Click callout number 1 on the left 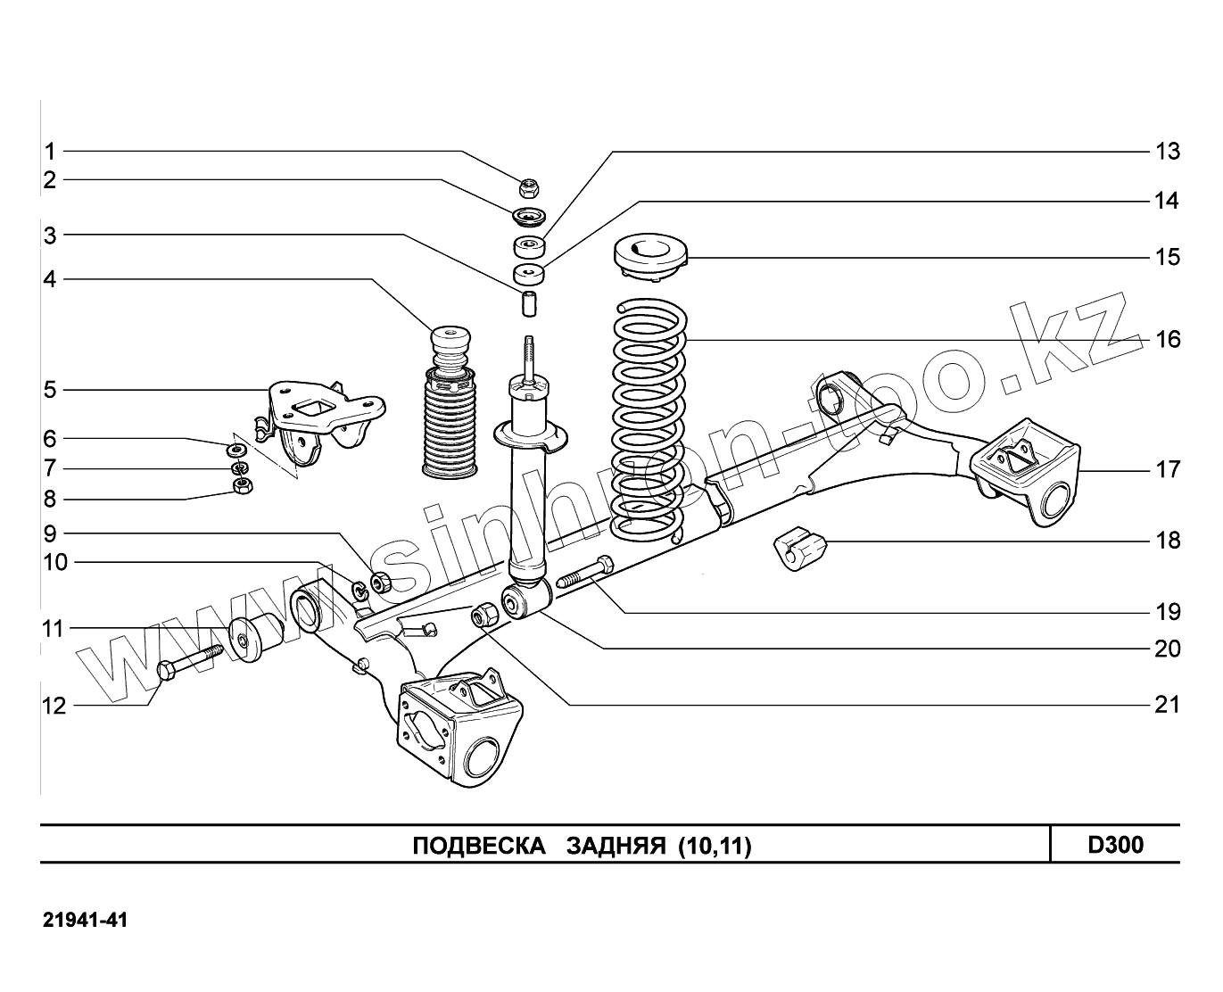tap(50, 152)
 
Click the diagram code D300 tap(1115, 845)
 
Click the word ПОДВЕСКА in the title tap(478, 846)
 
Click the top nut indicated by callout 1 tap(528, 187)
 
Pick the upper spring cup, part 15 tap(651, 256)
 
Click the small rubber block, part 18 tap(799, 547)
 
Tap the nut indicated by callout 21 tap(483, 614)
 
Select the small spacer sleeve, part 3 tap(530, 302)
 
